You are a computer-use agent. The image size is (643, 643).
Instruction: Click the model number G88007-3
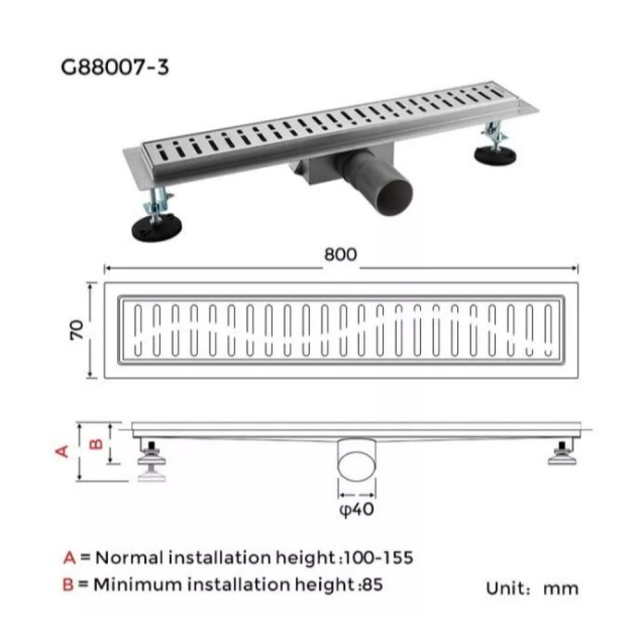115,68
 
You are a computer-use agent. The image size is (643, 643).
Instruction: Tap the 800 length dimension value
341,255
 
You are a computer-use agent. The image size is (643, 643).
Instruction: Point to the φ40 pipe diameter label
357,510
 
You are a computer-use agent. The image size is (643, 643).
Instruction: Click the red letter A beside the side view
62,452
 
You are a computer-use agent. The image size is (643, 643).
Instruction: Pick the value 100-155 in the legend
379,557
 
